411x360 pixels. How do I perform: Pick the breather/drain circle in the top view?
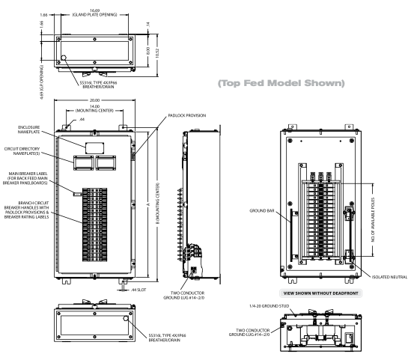(64, 57)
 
